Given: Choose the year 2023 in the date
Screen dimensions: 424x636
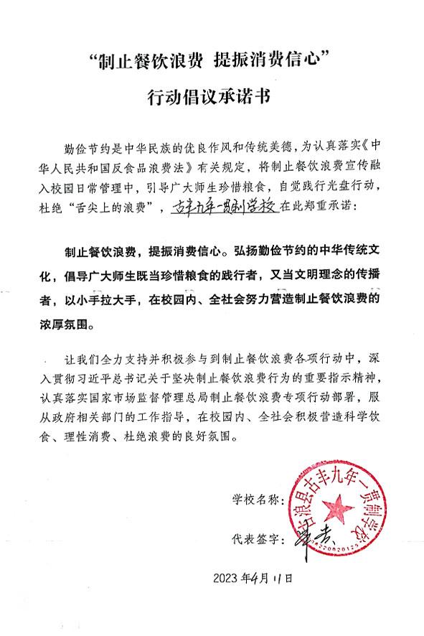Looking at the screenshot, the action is click(228, 577).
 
